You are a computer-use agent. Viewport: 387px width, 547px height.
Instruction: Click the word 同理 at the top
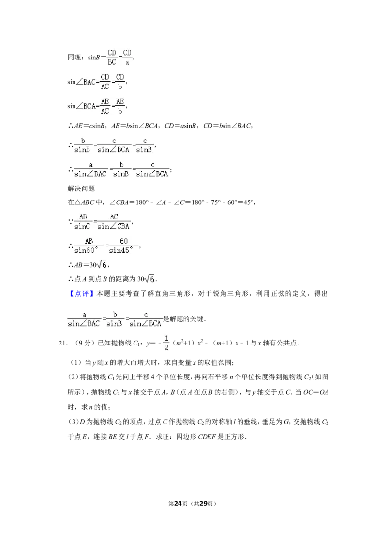74,58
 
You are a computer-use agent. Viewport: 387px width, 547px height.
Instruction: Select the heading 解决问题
81,189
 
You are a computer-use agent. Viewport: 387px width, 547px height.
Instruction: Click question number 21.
63,343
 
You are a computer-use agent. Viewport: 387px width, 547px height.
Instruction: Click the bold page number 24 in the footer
178,504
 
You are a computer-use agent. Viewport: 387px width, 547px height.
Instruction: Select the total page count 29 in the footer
203,504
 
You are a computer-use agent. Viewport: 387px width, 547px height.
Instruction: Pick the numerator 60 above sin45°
124,241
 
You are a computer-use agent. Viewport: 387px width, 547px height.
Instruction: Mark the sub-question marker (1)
76,363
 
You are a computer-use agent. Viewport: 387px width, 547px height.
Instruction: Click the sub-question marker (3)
74,422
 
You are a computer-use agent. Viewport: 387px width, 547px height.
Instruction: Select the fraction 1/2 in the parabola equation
166,343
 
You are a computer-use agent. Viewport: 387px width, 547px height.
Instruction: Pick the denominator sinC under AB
82,227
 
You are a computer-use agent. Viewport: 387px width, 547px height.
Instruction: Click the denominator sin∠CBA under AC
114,227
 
